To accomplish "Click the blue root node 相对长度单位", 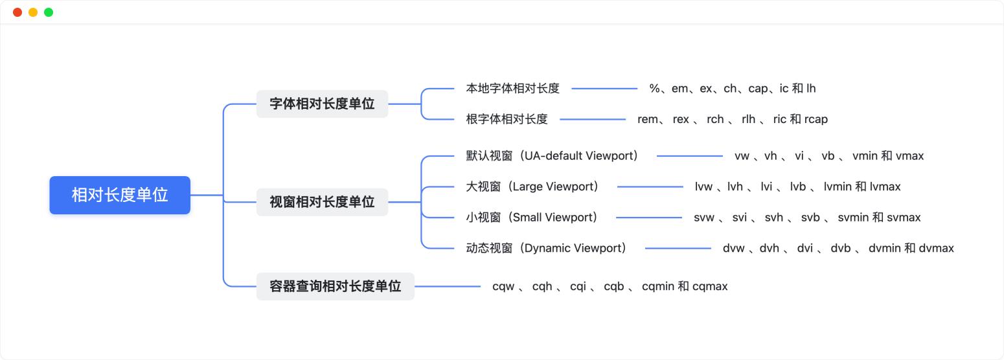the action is coord(120,196).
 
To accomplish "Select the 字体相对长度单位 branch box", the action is coord(323,104).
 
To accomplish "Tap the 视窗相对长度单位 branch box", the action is coord(323,202).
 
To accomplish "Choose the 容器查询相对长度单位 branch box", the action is coord(336,286).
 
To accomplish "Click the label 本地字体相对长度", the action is coord(513,88).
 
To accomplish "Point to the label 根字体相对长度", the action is coord(507,119).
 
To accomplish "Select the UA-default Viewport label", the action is coord(552,156).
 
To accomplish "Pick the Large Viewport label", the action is coord(532,186).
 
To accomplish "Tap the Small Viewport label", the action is coord(532,217).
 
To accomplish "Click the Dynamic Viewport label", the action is coord(546,248).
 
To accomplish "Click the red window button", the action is coord(17,12).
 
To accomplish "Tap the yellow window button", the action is coord(33,12).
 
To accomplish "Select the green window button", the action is coord(49,12).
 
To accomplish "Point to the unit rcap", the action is coord(816,120).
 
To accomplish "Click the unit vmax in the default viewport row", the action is coord(910,156).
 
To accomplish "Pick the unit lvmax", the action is coord(885,186).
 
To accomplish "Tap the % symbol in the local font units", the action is coord(654,88).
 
